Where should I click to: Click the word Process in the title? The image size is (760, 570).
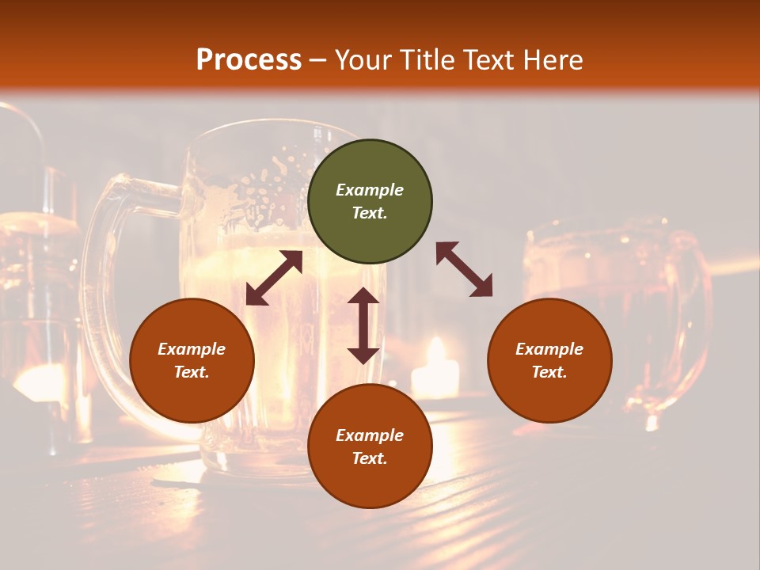(x=249, y=60)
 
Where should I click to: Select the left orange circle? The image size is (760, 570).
(x=192, y=360)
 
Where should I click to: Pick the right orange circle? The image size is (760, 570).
(x=549, y=360)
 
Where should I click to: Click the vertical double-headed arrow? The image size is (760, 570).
(x=363, y=325)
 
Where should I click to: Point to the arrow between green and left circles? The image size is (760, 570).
(x=274, y=278)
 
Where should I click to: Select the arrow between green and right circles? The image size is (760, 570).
(x=464, y=269)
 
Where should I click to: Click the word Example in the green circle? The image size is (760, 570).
(x=370, y=190)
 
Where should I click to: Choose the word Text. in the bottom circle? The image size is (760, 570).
(x=370, y=458)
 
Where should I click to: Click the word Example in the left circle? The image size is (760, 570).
(x=192, y=349)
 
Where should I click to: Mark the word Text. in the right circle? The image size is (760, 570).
(x=549, y=372)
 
